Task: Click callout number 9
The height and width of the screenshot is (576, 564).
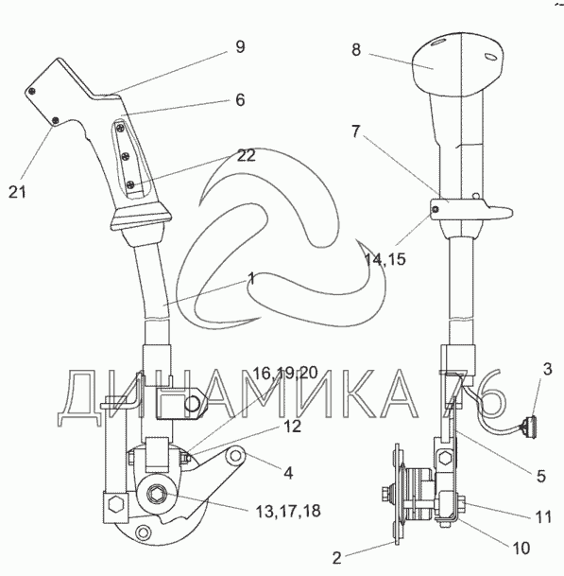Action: pos(240,47)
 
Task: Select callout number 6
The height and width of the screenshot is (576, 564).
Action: pos(240,100)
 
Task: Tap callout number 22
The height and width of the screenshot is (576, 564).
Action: pos(246,155)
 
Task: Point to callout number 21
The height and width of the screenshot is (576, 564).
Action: pos(17,192)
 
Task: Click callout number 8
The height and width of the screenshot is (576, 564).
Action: pos(356,49)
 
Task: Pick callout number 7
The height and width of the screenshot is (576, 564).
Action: pos(355,131)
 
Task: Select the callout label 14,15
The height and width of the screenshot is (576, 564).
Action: pos(385,259)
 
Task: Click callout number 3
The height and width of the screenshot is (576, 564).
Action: pos(547,369)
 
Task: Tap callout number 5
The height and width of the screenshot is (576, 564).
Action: pos(541,476)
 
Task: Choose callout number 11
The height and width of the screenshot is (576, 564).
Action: pos(543,516)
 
